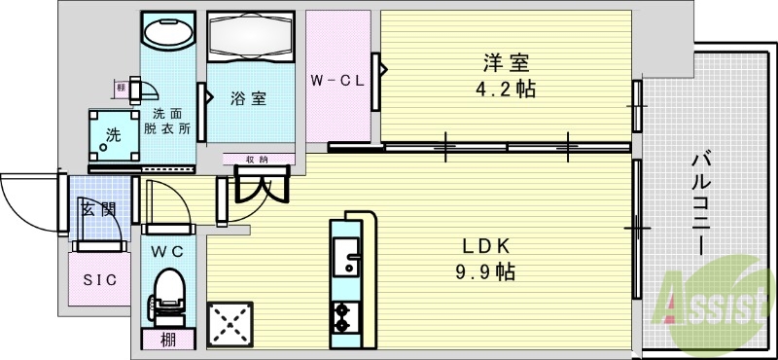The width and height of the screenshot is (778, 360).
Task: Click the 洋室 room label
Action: (506, 64)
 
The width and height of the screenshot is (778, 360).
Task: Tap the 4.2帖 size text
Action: (506, 90)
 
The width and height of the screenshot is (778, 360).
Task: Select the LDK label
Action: (478, 245)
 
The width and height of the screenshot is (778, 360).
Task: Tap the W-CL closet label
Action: (336, 80)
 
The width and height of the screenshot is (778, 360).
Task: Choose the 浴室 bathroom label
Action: (249, 98)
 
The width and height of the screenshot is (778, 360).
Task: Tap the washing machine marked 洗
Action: (114, 135)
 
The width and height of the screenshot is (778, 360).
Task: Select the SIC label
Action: (98, 279)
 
